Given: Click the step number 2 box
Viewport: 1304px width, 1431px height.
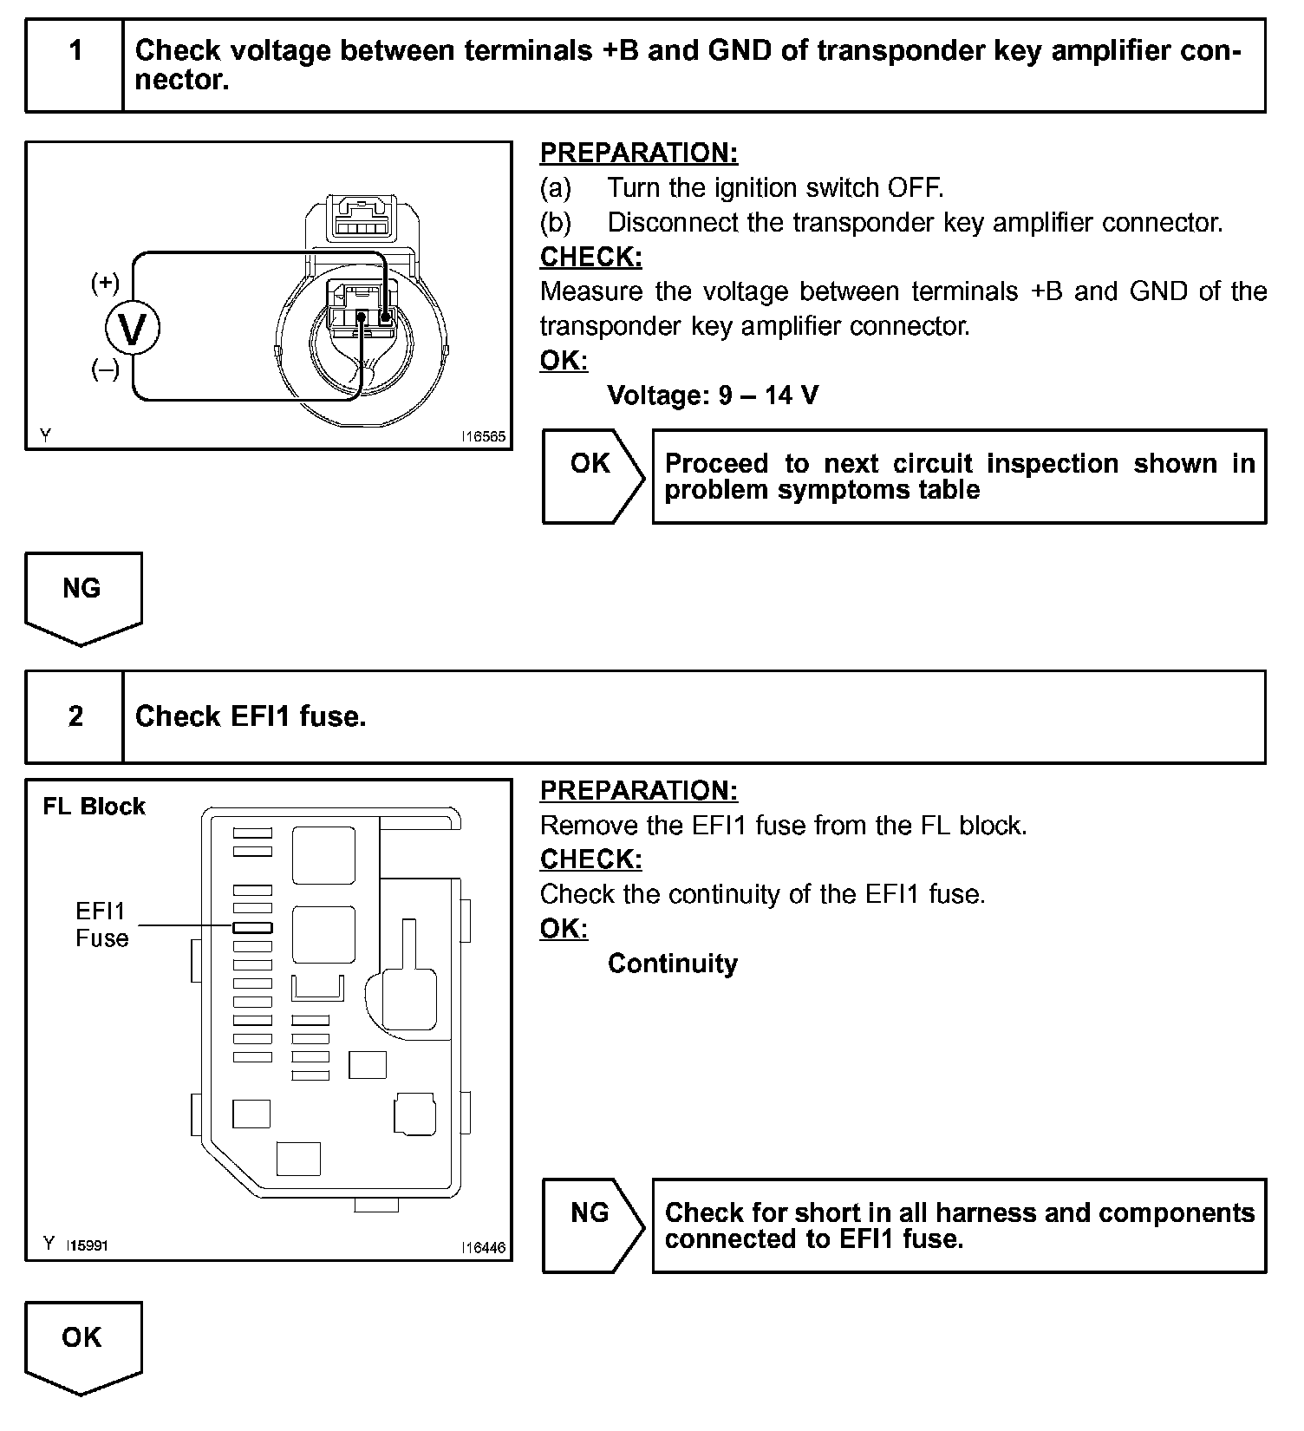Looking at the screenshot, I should [75, 716].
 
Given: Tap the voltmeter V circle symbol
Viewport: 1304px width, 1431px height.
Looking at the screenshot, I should [133, 329].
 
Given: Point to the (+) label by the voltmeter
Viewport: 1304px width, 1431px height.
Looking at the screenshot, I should [105, 282].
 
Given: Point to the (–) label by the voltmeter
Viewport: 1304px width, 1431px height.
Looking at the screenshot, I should [105, 370].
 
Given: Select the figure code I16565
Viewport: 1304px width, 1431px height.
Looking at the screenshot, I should [483, 437].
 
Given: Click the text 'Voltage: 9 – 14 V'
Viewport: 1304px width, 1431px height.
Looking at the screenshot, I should [713, 395].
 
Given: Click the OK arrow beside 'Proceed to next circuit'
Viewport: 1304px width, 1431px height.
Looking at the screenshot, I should [591, 475].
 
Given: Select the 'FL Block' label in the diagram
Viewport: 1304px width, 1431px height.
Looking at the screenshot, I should [94, 807].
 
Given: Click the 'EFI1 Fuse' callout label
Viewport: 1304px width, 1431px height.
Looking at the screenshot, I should [101, 925].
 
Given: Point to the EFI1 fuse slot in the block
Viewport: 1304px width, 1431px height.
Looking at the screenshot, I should [252, 927].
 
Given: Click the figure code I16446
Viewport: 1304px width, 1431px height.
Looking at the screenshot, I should [483, 1248].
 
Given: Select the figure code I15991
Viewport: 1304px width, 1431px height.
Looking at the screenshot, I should [88, 1245].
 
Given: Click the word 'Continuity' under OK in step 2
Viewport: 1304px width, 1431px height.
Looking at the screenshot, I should [672, 964].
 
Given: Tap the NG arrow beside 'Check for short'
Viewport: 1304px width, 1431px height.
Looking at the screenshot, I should [591, 1225].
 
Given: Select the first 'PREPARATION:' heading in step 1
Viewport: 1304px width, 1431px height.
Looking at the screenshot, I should [638, 153].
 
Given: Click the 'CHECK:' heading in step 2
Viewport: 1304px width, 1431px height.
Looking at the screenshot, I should [590, 859].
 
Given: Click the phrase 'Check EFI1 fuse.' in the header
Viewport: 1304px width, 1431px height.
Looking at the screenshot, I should [251, 716].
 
